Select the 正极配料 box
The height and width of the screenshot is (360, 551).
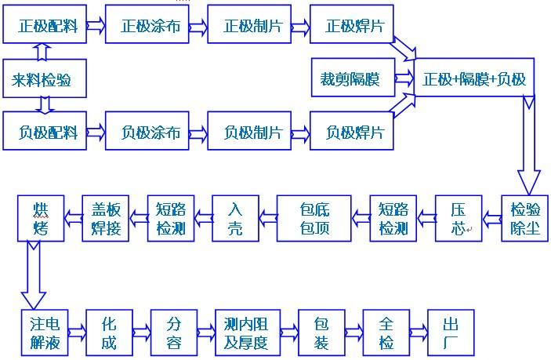(44, 25)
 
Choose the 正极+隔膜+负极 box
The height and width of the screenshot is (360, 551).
(474, 79)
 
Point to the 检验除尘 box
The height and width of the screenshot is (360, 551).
(526, 219)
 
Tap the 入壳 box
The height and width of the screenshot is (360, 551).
(236, 219)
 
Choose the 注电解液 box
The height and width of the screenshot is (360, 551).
(45, 333)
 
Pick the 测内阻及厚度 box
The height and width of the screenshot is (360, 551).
(247, 333)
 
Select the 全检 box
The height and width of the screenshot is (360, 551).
(386, 333)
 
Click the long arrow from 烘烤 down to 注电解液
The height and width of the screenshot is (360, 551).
(32, 275)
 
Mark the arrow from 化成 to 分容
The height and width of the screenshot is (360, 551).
(141, 333)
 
